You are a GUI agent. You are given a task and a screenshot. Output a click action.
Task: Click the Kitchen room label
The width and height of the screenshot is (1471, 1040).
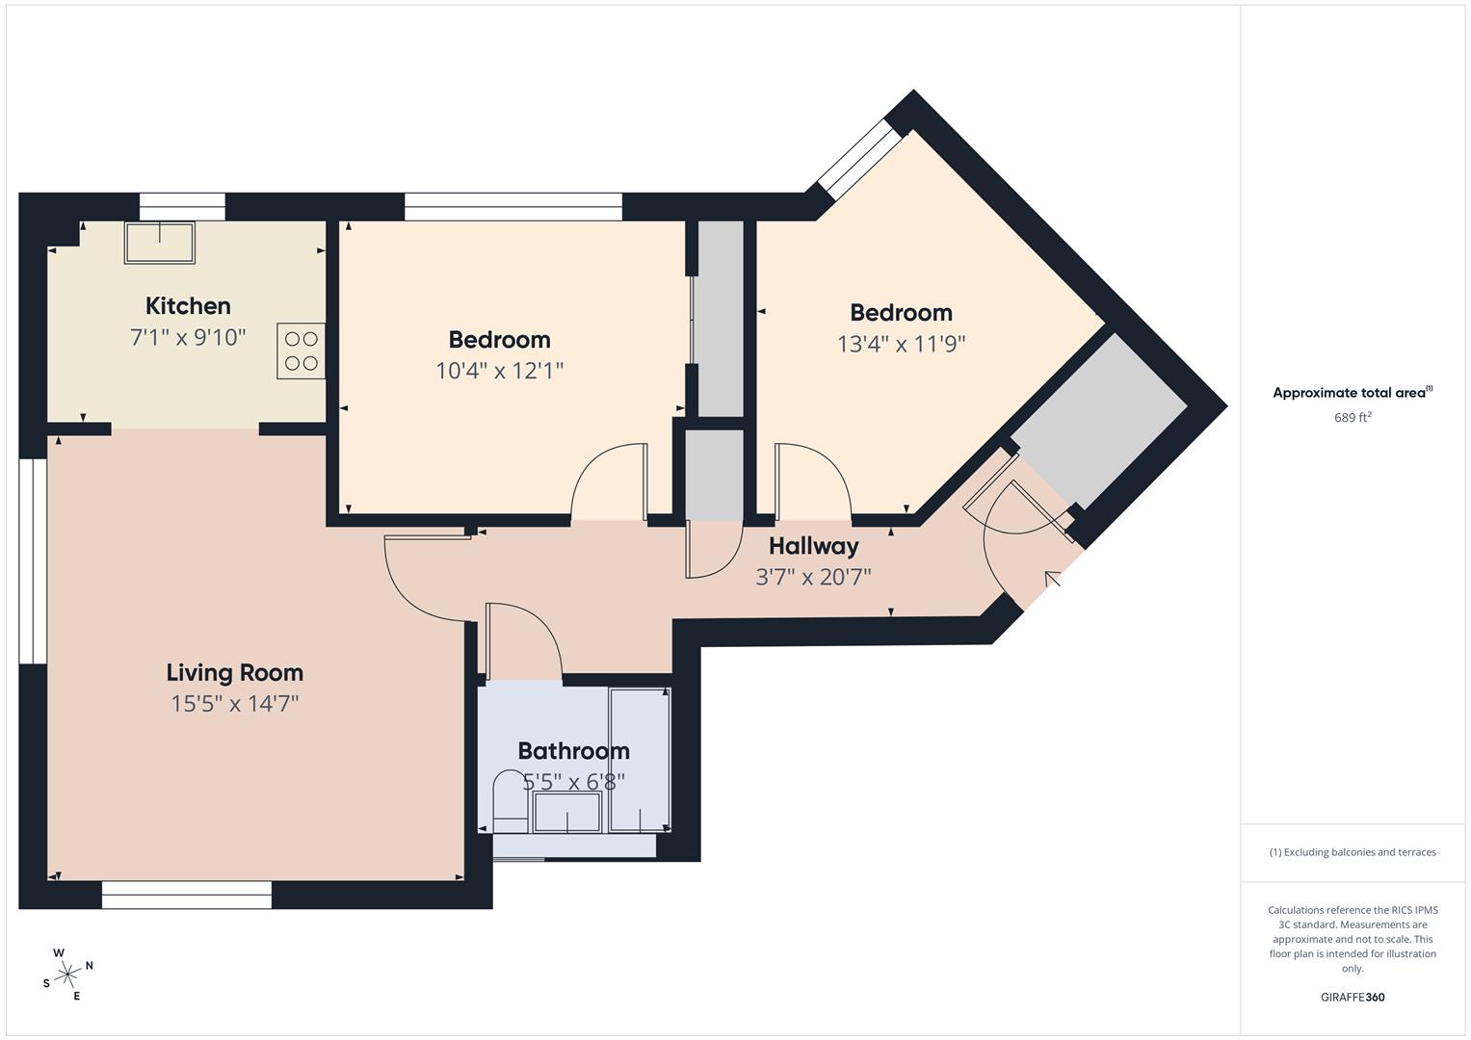pyautogui.click(x=188, y=306)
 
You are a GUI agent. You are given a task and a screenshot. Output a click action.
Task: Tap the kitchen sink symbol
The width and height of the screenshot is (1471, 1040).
pyautogui.click(x=159, y=243)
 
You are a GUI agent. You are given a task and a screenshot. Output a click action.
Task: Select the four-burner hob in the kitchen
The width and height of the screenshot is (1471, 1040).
pyautogui.click(x=302, y=351)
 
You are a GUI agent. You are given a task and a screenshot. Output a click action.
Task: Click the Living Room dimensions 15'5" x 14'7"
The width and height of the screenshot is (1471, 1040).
pyautogui.click(x=235, y=704)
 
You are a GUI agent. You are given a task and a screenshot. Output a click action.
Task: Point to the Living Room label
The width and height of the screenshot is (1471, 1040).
pyautogui.click(x=235, y=673)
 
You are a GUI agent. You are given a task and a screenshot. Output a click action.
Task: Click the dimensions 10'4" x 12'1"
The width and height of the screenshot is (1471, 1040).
pyautogui.click(x=499, y=371)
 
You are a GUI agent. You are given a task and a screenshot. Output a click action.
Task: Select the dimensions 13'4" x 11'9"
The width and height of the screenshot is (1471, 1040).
pyautogui.click(x=901, y=344)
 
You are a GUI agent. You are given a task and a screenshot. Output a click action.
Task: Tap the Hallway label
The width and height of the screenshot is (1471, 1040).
pyautogui.click(x=813, y=546)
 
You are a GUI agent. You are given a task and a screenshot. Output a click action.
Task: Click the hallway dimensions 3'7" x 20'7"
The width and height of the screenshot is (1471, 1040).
pyautogui.click(x=813, y=577)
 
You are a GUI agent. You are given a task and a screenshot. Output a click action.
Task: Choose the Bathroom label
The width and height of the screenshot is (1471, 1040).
pyautogui.click(x=573, y=751)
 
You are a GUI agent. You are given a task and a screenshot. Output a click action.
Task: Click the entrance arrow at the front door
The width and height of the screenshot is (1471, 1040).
pyautogui.click(x=1053, y=579)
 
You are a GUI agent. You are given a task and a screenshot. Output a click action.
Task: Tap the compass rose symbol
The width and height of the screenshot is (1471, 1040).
pyautogui.click(x=67, y=975)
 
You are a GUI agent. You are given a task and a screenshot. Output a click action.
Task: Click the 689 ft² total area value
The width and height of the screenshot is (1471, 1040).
pyautogui.click(x=1353, y=418)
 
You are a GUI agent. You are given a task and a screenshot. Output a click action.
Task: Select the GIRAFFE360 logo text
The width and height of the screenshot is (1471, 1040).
pyautogui.click(x=1353, y=998)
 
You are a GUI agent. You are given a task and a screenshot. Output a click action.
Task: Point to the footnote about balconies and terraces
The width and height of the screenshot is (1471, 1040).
pyautogui.click(x=1353, y=852)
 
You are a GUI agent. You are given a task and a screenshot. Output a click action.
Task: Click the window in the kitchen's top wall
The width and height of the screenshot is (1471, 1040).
pyautogui.click(x=182, y=207)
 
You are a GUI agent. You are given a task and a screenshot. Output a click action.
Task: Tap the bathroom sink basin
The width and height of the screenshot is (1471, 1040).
pyautogui.click(x=567, y=811)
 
